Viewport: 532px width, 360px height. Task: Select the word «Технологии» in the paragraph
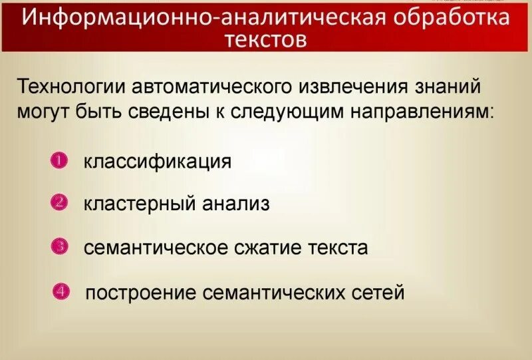pyautogui.click(x=71, y=87)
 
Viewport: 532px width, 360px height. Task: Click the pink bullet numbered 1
pyautogui.click(x=59, y=160)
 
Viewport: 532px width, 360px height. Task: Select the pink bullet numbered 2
pyautogui.click(x=59, y=202)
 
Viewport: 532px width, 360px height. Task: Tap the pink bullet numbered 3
pyautogui.click(x=59, y=246)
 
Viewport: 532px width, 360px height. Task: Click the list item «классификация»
pyautogui.click(x=158, y=162)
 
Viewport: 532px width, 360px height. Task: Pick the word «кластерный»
pyautogui.click(x=129, y=204)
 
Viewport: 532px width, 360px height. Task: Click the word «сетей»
pyautogui.click(x=378, y=292)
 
